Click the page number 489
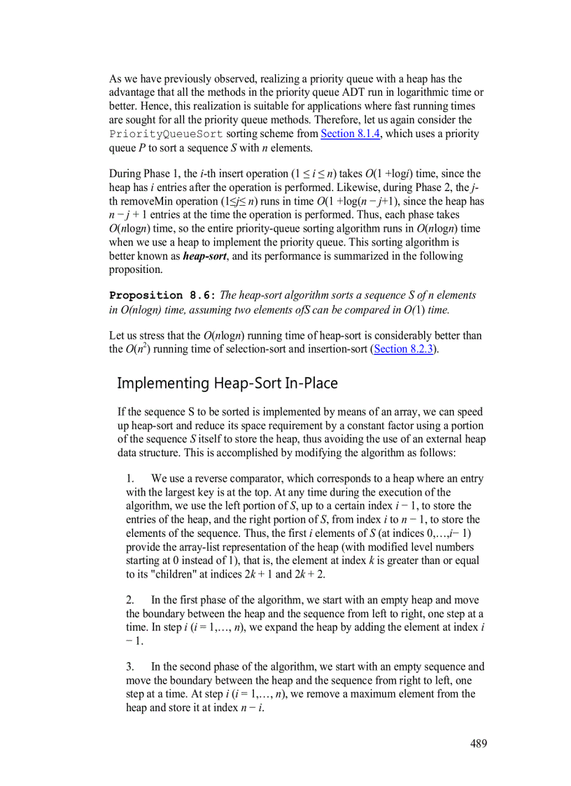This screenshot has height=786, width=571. point(478,743)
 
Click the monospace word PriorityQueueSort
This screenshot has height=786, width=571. point(166,134)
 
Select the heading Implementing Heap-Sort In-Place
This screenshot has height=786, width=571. point(227,384)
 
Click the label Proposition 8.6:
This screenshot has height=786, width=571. point(163,295)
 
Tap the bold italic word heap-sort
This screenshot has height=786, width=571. point(204,256)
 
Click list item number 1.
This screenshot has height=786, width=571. point(130,479)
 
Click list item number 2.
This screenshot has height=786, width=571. point(130,601)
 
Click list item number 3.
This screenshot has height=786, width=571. point(130,667)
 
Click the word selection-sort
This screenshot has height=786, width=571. point(243,349)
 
